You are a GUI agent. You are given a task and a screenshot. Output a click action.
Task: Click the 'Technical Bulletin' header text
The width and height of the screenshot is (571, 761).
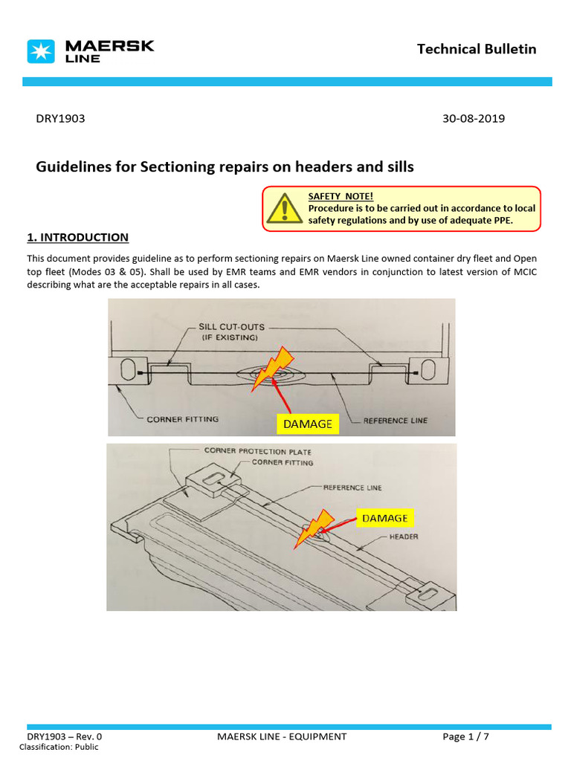476,49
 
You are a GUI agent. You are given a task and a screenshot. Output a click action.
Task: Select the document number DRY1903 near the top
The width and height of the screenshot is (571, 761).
60,118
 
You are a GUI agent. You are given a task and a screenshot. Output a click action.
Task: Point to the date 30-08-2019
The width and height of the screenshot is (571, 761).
473,118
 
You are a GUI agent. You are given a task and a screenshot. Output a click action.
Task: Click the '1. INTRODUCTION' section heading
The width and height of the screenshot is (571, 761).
77,237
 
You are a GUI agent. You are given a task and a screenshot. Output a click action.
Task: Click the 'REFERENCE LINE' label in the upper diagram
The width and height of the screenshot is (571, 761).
396,420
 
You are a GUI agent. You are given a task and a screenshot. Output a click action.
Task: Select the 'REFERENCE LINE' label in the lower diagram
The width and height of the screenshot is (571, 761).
352,488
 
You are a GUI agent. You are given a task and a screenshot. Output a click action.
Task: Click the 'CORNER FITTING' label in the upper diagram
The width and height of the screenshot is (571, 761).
182,419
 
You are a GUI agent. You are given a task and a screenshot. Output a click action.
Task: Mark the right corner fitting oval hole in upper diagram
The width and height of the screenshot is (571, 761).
428,369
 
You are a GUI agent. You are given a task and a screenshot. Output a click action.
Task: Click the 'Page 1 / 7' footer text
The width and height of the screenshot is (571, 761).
465,736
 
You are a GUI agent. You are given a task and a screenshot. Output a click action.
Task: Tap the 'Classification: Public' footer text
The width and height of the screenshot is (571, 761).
62,747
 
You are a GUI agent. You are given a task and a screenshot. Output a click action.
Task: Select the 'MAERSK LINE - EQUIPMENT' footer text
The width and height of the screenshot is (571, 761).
282,736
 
